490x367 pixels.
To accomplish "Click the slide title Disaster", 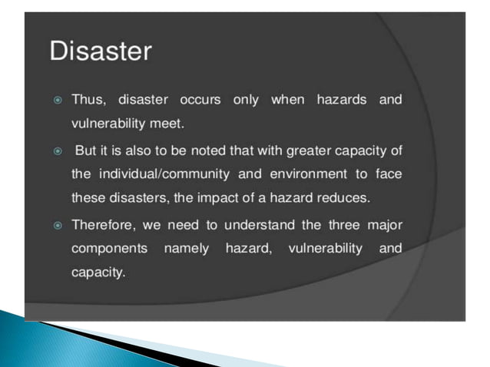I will pos(101,52).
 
